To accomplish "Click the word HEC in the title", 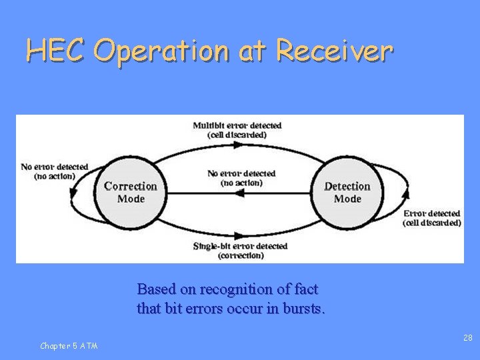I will point(56,50).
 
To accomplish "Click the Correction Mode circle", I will point(131,192).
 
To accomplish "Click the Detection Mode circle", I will point(347,192).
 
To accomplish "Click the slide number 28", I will point(468,339).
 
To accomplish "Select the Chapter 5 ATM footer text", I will point(69,345).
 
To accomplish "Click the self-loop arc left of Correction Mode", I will point(72,193).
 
